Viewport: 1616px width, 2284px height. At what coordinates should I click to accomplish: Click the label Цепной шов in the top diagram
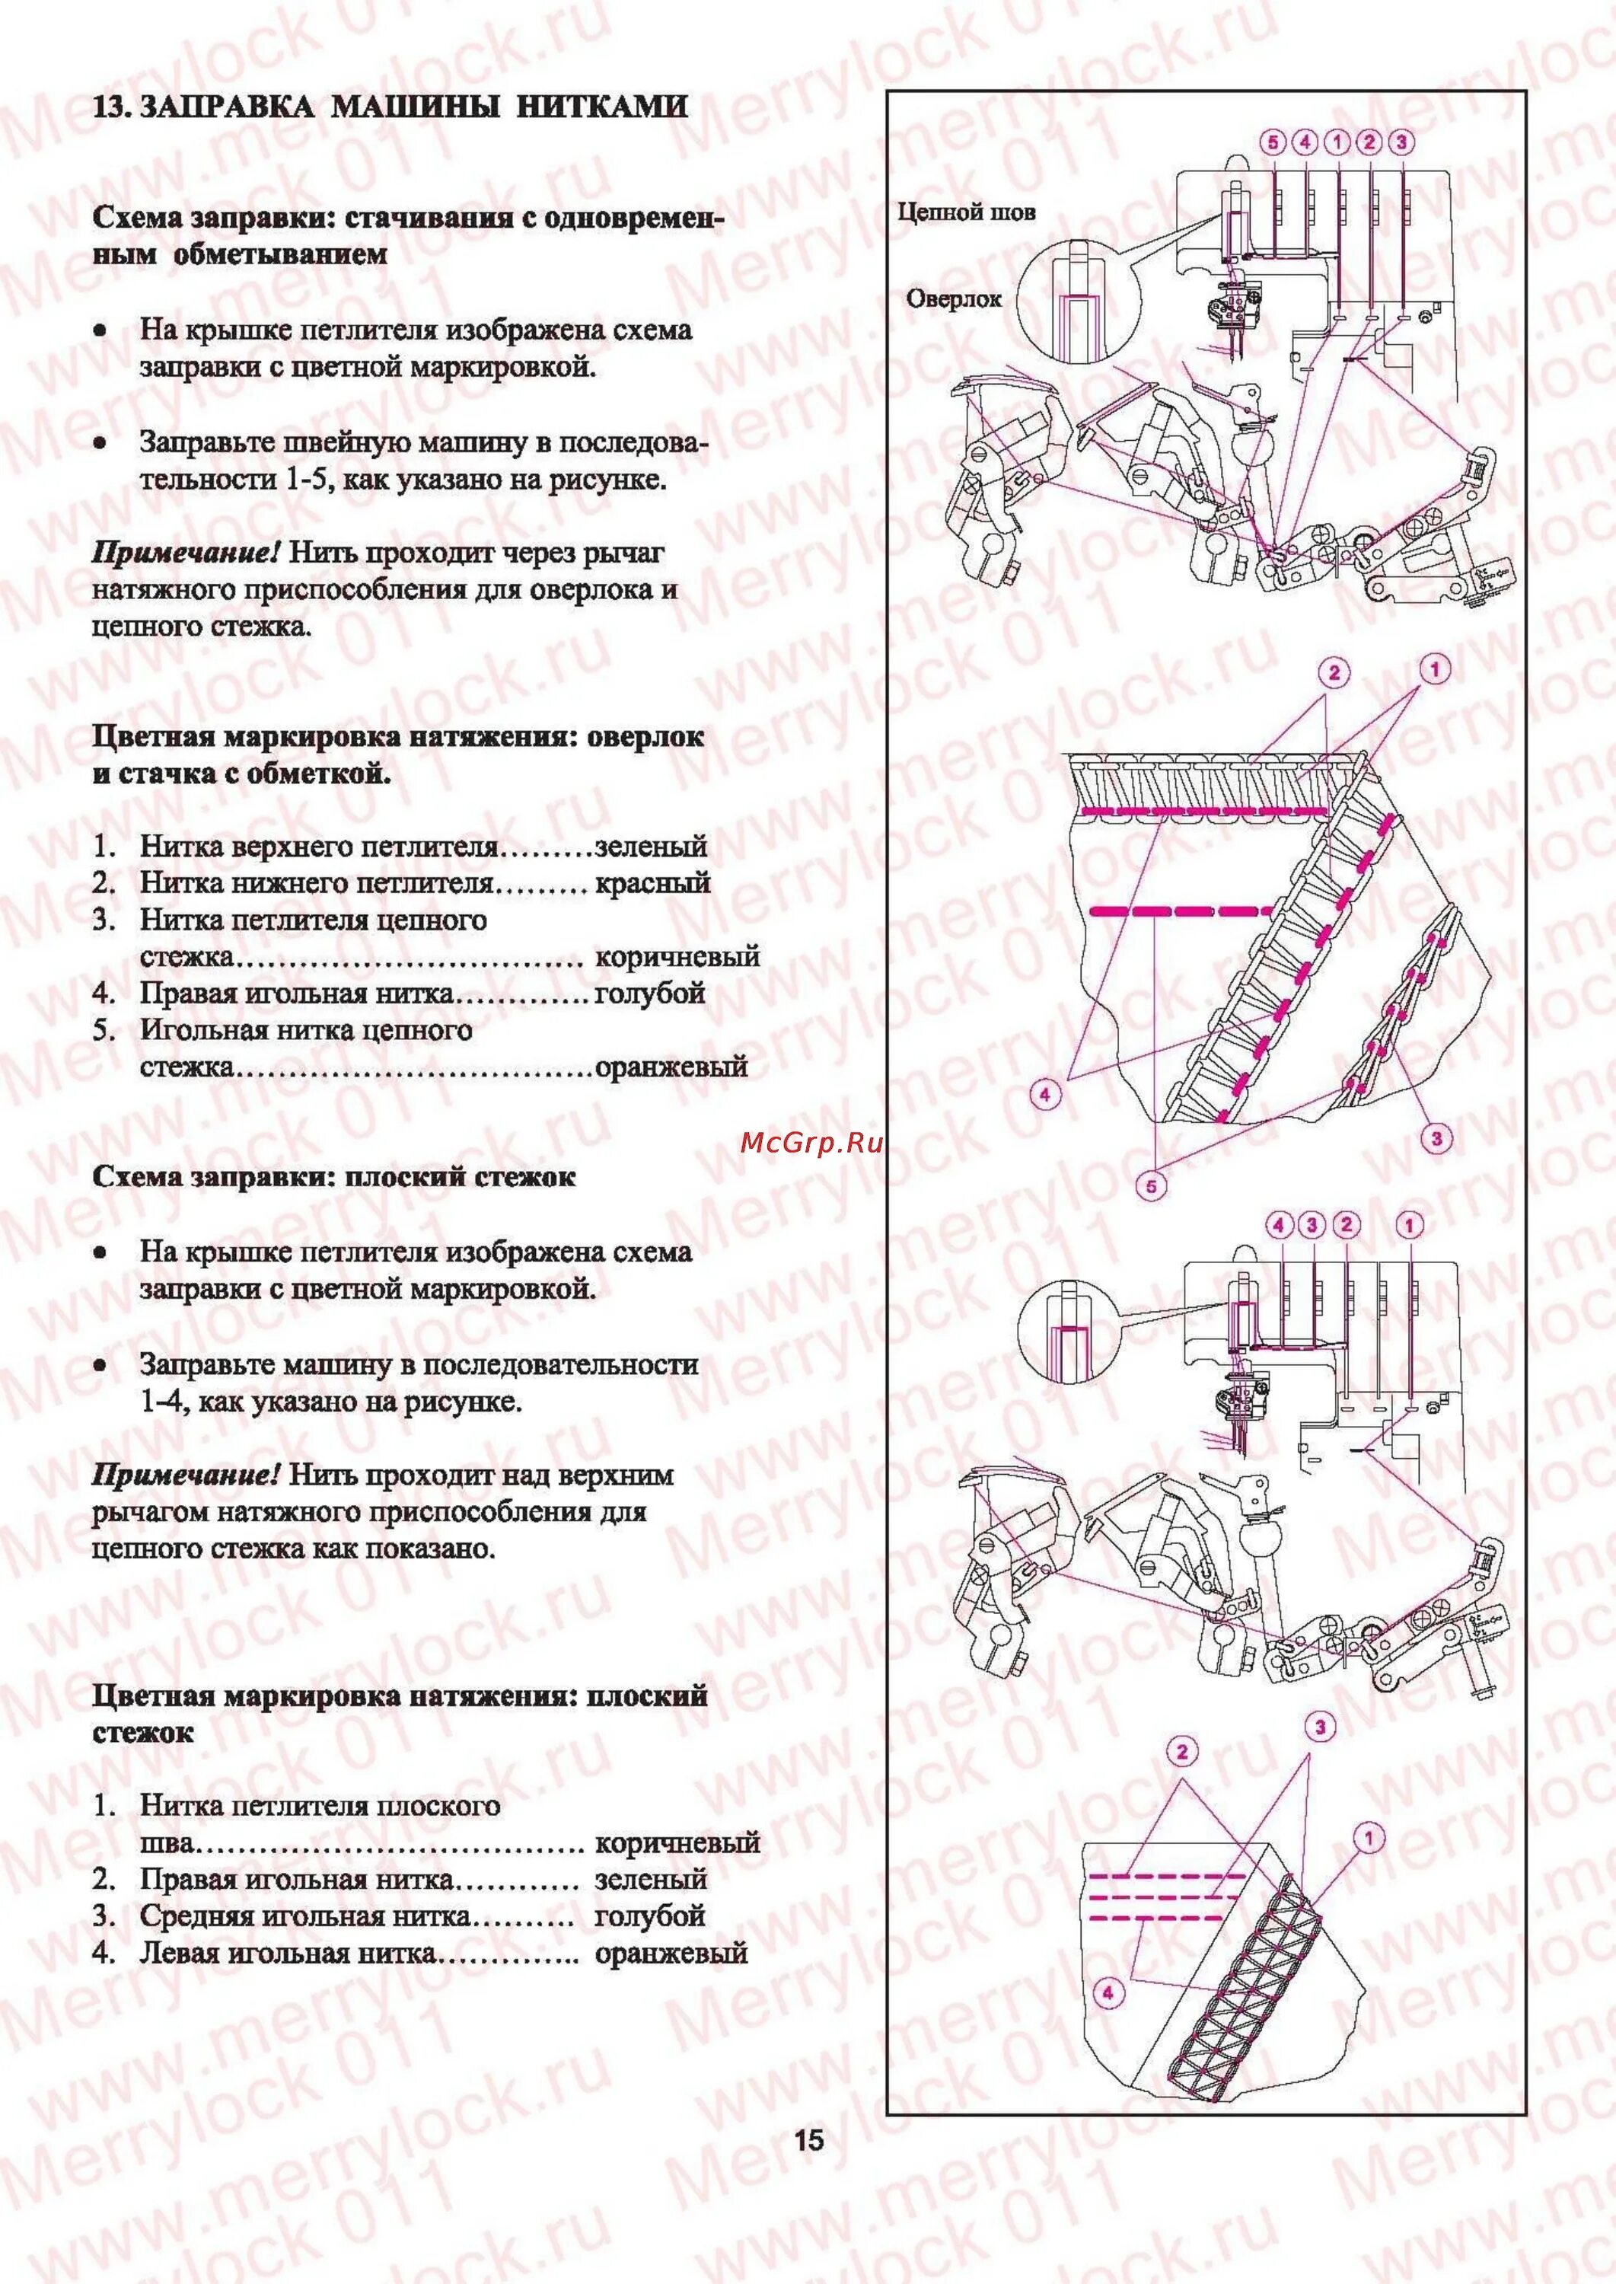966,212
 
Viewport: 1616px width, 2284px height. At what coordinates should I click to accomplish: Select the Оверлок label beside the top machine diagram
953,298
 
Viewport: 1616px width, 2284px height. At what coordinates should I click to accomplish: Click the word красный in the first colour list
652,882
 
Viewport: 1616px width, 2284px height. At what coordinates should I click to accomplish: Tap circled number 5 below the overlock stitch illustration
1152,1185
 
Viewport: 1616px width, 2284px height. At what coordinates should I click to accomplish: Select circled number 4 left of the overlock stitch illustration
1045,1095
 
